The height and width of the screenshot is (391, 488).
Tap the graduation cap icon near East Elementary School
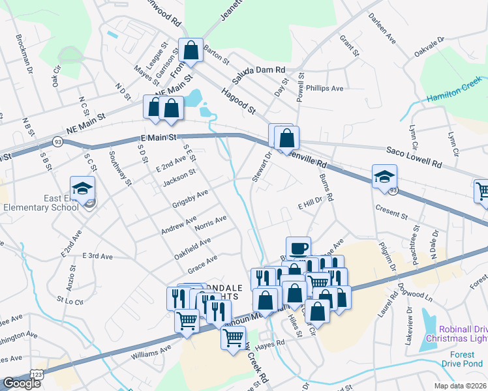click(x=83, y=188)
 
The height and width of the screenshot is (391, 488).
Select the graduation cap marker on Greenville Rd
click(x=384, y=176)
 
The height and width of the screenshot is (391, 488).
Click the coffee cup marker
click(x=298, y=248)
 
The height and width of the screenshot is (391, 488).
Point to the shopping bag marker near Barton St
click(x=190, y=51)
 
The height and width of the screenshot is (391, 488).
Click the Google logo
click(x=21, y=383)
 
